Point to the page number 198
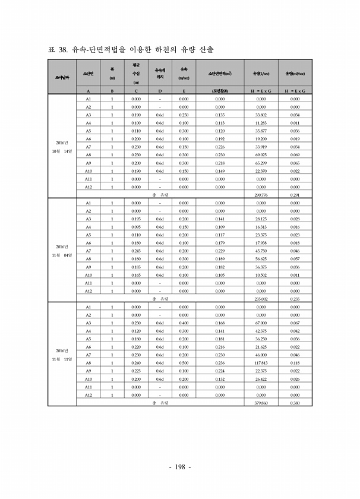pyautogui.click(x=180, y=466)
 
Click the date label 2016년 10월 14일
pyautogui.click(x=62, y=147)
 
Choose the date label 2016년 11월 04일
pyautogui.click(x=62, y=251)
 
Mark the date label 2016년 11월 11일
pyautogui.click(x=62, y=355)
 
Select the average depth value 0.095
pyautogui.click(x=136, y=226)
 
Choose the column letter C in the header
pyautogui.click(x=136, y=90)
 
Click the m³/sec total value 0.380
pyautogui.click(x=295, y=403)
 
